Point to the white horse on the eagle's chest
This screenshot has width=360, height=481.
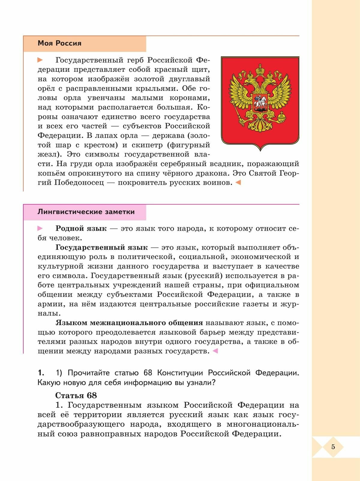click(x=260, y=102)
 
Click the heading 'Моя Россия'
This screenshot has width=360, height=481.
click(x=59, y=43)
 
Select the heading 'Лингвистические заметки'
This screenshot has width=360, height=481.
click(x=86, y=212)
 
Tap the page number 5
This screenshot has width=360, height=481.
click(x=333, y=447)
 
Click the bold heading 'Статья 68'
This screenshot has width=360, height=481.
click(x=76, y=395)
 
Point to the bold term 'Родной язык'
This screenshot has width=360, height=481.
click(x=81, y=229)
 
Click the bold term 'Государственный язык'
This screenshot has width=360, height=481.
click(x=101, y=247)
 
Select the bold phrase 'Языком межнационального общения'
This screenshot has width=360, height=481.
click(x=129, y=323)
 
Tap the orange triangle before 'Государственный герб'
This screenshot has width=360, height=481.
click(x=40, y=60)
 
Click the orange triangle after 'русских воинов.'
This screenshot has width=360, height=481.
click(x=238, y=182)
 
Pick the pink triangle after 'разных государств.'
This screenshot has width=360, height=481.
click(x=215, y=351)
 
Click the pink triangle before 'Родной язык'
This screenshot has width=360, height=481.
click(x=40, y=229)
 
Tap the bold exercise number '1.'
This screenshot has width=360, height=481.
click(x=41, y=373)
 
